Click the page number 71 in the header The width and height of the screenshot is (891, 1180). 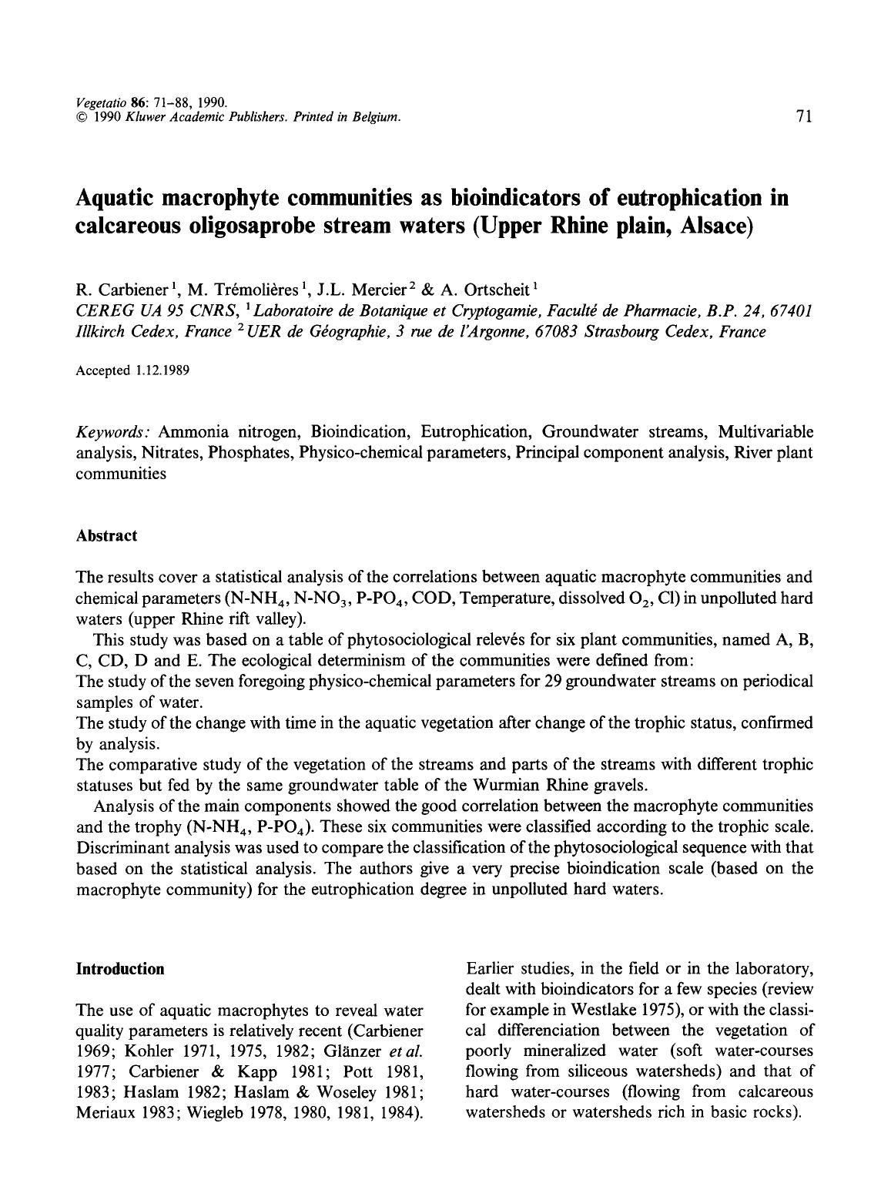click(804, 116)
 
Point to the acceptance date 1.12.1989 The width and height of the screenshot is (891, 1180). click(161, 370)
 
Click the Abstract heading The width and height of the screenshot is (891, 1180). click(106, 536)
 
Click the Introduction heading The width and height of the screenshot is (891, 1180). click(119, 969)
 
